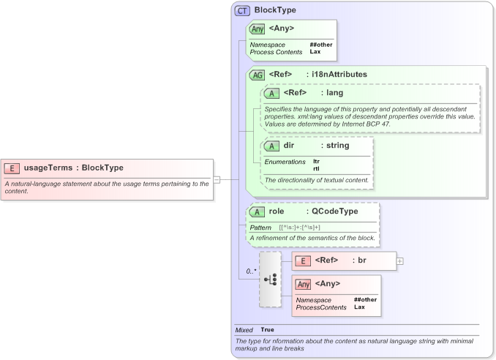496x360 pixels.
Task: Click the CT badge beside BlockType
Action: [x=242, y=11]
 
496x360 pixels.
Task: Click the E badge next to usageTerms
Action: [x=12, y=168]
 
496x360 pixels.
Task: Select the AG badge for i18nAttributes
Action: [x=258, y=75]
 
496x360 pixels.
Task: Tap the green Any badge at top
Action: [x=258, y=29]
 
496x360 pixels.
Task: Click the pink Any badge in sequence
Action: [x=303, y=284]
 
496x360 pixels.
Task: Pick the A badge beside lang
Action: [x=272, y=93]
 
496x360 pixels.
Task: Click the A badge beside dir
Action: [x=272, y=146]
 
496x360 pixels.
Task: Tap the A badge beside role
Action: [x=258, y=211]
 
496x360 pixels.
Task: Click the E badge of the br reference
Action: [x=301, y=260]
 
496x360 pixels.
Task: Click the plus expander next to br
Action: [x=400, y=260]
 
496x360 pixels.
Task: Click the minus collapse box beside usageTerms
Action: [x=217, y=179]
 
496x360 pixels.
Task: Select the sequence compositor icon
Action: [x=270, y=280]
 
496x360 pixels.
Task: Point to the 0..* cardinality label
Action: [x=250, y=271]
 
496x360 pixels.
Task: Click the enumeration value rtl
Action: [x=316, y=168]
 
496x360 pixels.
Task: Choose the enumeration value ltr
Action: [x=316, y=161]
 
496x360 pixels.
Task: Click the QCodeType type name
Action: [x=334, y=211]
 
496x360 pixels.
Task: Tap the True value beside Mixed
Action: [x=268, y=330]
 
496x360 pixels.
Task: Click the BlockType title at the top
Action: [x=275, y=11]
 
